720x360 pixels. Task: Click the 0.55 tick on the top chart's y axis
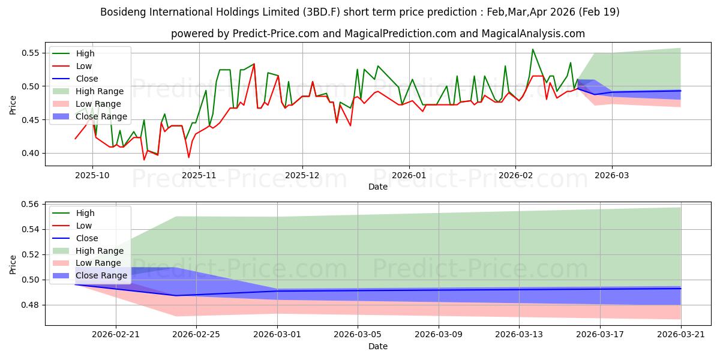click(x=30, y=53)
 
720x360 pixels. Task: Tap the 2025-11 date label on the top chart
click(x=199, y=175)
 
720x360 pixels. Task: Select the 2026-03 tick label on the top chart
click(x=611, y=175)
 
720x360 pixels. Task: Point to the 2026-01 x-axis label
click(x=409, y=175)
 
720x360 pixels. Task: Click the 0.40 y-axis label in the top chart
click(x=30, y=154)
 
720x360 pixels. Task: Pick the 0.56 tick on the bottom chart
click(x=30, y=205)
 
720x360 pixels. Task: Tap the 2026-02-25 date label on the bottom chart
click(x=196, y=335)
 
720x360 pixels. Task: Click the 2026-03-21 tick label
click(x=681, y=335)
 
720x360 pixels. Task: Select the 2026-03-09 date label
click(x=439, y=335)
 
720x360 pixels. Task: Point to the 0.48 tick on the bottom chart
click(x=30, y=305)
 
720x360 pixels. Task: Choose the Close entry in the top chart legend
click(x=87, y=79)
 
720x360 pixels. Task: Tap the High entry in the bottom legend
click(x=85, y=213)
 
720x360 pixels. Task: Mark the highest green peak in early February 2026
click(x=533, y=49)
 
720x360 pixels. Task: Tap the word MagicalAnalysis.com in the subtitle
click(x=533, y=34)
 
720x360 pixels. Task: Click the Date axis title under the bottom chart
click(x=377, y=347)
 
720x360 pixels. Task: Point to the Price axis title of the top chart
click(x=13, y=105)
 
